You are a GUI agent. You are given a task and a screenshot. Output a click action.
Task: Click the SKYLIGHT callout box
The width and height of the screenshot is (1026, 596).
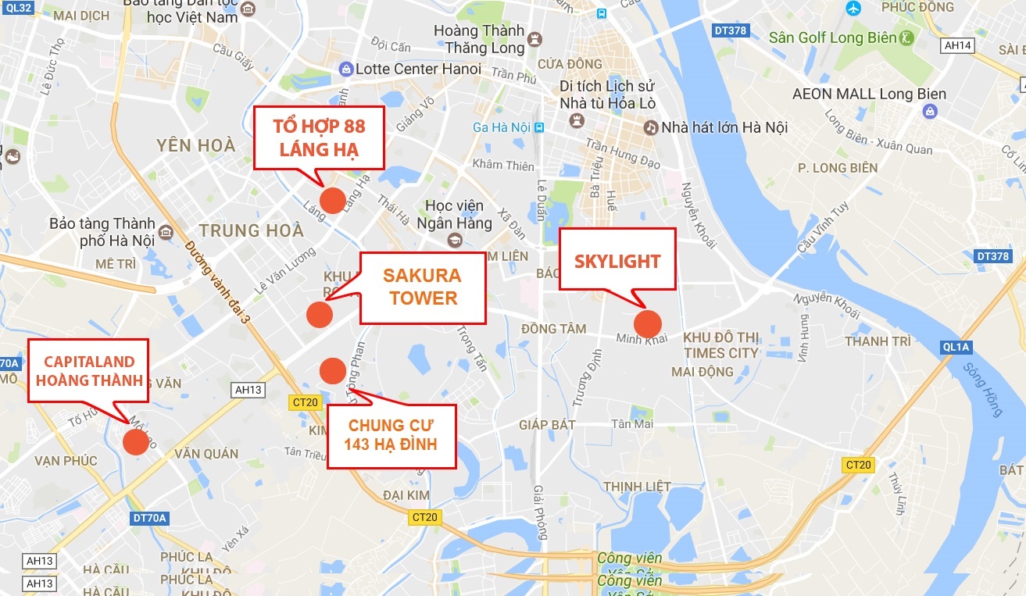[x=617, y=261]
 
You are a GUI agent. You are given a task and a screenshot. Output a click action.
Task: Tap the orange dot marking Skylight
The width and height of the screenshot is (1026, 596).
[x=648, y=323]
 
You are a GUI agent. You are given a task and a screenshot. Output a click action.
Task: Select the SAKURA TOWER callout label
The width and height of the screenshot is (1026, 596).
[x=423, y=287]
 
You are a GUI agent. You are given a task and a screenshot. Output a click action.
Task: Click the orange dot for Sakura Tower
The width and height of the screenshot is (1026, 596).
[x=320, y=314]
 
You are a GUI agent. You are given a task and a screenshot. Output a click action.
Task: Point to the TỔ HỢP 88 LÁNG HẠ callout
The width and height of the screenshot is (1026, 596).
[x=319, y=137]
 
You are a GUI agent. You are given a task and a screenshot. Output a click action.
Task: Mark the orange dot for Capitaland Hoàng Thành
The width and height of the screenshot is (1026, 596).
[x=135, y=441]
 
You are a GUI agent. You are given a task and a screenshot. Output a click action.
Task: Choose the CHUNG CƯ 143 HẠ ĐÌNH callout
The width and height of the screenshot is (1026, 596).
[x=391, y=436]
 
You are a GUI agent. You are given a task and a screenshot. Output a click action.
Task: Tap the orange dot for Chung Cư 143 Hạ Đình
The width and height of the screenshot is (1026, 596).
[x=333, y=370]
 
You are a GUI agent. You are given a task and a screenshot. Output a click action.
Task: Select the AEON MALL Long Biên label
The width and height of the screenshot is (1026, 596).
[x=869, y=95]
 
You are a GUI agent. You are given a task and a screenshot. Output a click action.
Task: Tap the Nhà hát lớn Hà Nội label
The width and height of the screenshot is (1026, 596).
[x=724, y=127]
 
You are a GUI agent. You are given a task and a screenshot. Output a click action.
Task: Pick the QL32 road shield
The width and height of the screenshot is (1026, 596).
[x=16, y=8]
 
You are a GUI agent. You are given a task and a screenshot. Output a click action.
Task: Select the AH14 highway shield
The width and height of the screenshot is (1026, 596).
[x=958, y=45]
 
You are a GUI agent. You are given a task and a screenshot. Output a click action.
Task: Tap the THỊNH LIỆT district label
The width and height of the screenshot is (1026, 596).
[x=637, y=486]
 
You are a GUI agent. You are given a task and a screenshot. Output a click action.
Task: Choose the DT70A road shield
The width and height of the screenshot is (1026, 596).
[x=151, y=516]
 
